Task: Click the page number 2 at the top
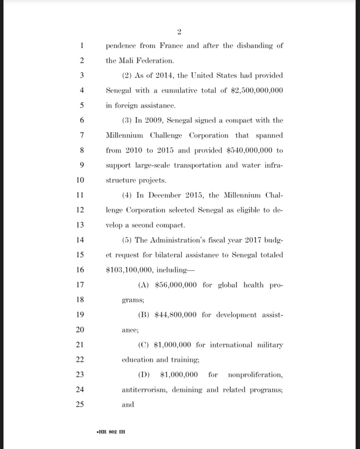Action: tap(179, 32)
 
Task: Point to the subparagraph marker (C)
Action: tap(144, 345)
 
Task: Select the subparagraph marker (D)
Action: tap(145, 374)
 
